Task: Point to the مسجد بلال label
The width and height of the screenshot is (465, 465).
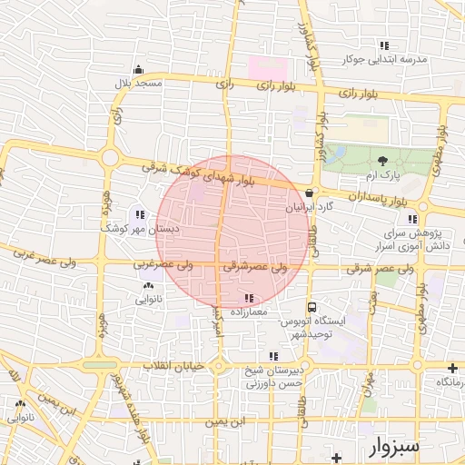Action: pyautogui.click(x=136, y=84)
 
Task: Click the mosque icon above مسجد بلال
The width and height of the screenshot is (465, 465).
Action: pyautogui.click(x=137, y=70)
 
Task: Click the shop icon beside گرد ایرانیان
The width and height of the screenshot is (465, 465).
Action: pyautogui.click(x=311, y=193)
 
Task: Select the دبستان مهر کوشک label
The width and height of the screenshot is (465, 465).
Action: pyautogui.click(x=140, y=230)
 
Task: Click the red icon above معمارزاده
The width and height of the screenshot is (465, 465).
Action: pyautogui.click(x=250, y=298)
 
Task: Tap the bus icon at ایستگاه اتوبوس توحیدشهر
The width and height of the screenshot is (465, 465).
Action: pyautogui.click(x=312, y=308)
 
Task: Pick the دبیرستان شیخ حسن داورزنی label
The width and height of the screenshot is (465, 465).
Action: pyautogui.click(x=273, y=377)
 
